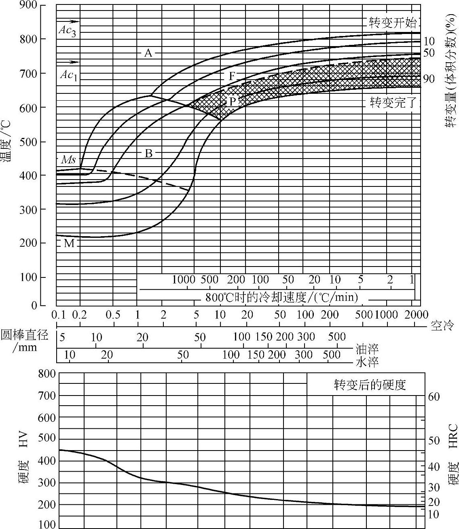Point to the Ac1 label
click(68, 75)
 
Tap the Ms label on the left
click(68, 159)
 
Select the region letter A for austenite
click(148, 53)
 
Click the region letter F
click(232, 76)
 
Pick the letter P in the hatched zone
click(232, 101)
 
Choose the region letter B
click(149, 153)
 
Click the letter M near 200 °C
click(69, 243)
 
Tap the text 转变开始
click(392, 22)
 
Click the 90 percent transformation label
click(429, 78)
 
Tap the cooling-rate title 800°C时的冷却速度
click(282, 298)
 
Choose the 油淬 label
click(367, 349)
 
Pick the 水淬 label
click(367, 362)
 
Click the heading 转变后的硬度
click(370, 385)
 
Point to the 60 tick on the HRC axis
click(434, 397)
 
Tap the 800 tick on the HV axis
click(47, 374)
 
